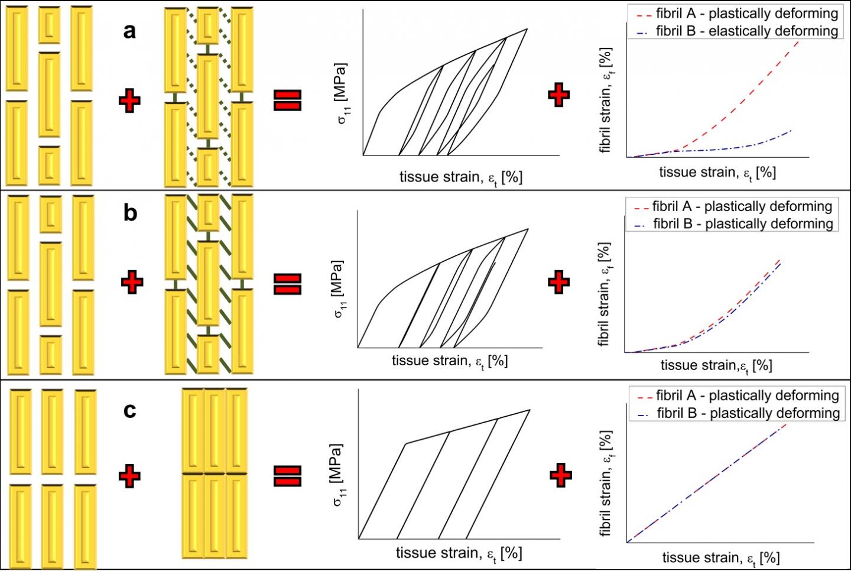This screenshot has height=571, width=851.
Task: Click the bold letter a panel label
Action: click(129, 31)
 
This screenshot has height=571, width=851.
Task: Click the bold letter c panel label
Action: click(129, 410)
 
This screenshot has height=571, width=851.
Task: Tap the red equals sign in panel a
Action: click(288, 100)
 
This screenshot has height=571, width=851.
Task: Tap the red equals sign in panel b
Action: click(288, 284)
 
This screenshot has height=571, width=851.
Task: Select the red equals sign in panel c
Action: click(288, 476)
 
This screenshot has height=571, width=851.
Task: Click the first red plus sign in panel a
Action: click(129, 101)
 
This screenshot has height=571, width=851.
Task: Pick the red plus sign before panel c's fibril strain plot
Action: click(560, 475)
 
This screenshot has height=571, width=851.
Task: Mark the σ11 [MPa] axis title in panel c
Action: click(338, 475)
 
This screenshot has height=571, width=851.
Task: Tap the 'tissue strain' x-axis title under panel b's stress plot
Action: click(450, 361)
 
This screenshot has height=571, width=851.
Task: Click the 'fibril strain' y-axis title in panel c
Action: click(606, 483)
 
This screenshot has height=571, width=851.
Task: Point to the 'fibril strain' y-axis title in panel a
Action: click(606, 100)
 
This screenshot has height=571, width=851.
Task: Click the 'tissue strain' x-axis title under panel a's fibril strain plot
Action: click(717, 173)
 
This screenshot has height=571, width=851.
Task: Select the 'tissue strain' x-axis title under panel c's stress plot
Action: click(459, 553)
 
